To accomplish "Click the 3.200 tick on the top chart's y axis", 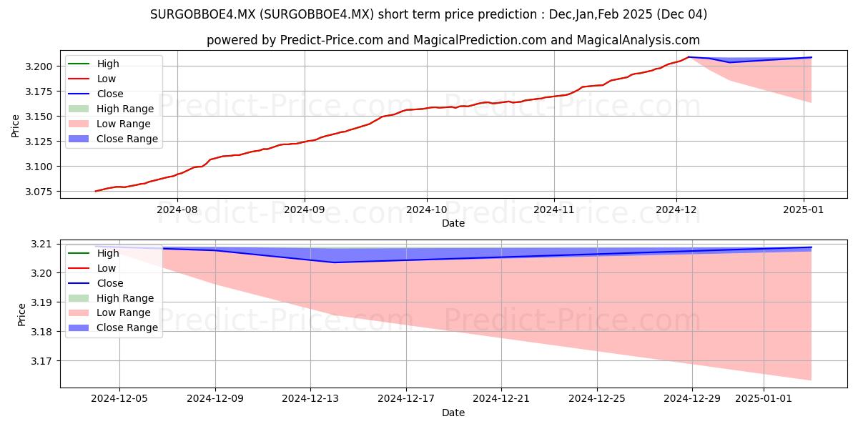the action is pyautogui.click(x=39, y=66).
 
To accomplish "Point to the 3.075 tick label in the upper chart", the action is pyautogui.click(x=39, y=192).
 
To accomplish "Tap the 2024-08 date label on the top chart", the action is pyautogui.click(x=177, y=210).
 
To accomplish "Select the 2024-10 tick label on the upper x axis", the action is pyautogui.click(x=427, y=210).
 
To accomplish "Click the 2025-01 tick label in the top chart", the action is pyautogui.click(x=803, y=210).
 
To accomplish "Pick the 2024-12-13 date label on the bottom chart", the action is pyautogui.click(x=310, y=399).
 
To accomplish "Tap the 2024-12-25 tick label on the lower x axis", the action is pyautogui.click(x=597, y=399).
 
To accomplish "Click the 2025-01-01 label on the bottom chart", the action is pyautogui.click(x=764, y=399).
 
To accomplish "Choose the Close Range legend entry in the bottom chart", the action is pyautogui.click(x=113, y=328).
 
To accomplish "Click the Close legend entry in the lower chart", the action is pyautogui.click(x=96, y=283).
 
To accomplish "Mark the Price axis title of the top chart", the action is pyautogui.click(x=15, y=126).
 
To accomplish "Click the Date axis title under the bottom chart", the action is pyautogui.click(x=453, y=413).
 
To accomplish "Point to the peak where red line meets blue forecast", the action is pyautogui.click(x=689, y=57).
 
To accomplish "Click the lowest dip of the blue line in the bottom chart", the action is pyautogui.click(x=334, y=262).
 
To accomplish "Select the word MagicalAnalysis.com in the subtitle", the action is pyautogui.click(x=638, y=40).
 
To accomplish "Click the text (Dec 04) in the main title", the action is pyautogui.click(x=682, y=14).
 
